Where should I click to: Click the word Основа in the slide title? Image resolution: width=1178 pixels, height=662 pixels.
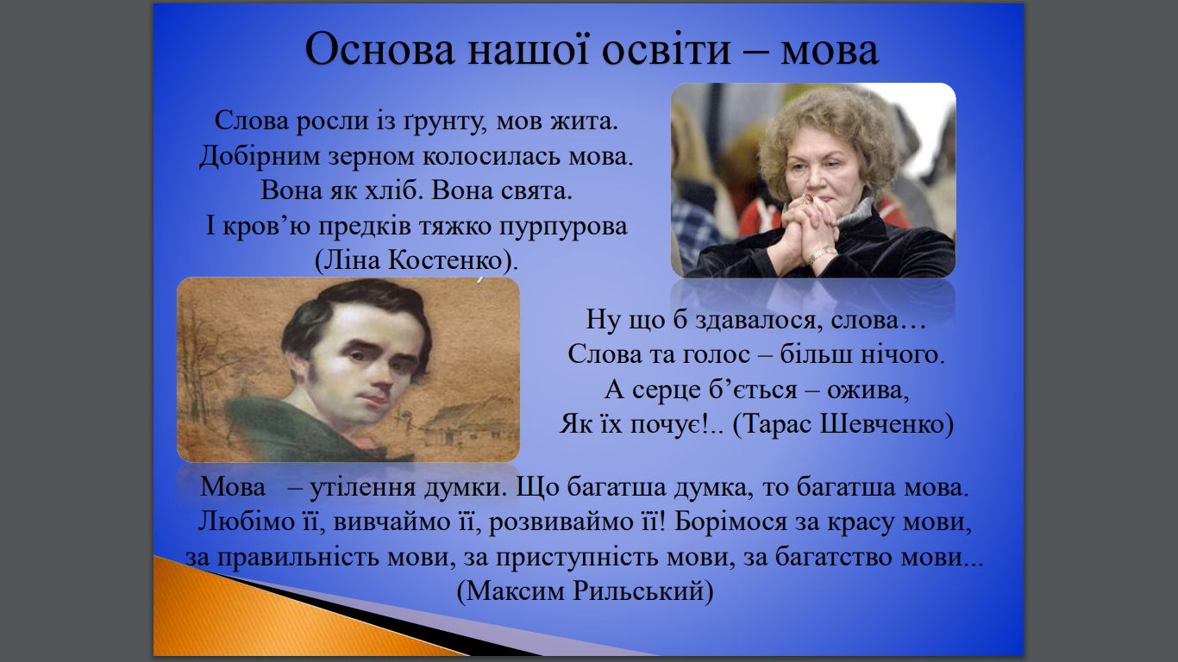click(x=379, y=50)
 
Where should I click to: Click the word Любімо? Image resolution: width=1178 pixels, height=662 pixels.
click(x=246, y=521)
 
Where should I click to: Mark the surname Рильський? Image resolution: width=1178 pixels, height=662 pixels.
click(x=638, y=591)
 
